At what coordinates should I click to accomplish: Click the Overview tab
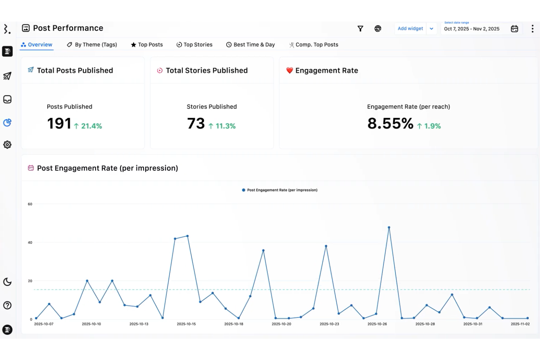[36, 44]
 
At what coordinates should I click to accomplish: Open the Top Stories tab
[194, 44]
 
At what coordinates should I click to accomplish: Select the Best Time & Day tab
[250, 44]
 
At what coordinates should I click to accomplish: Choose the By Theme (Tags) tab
[92, 44]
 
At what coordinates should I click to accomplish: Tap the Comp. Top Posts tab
[314, 44]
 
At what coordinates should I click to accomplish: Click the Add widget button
[410, 28]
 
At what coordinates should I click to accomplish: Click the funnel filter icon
[360, 28]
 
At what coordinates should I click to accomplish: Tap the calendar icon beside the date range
[514, 29]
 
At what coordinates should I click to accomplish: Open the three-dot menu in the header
[532, 28]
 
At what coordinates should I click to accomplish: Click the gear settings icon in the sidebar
[7, 145]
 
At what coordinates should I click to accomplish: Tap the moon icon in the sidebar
[7, 282]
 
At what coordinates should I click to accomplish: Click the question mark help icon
[7, 305]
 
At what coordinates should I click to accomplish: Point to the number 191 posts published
[59, 124]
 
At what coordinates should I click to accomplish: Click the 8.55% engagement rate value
[390, 124]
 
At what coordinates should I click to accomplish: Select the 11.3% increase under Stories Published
[222, 126]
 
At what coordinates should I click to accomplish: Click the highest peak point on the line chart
[389, 228]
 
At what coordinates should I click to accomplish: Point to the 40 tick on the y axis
[30, 243]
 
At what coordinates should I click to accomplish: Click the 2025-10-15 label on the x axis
[186, 324]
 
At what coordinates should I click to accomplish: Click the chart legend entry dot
[243, 190]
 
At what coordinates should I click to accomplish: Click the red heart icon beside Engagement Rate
[290, 70]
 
